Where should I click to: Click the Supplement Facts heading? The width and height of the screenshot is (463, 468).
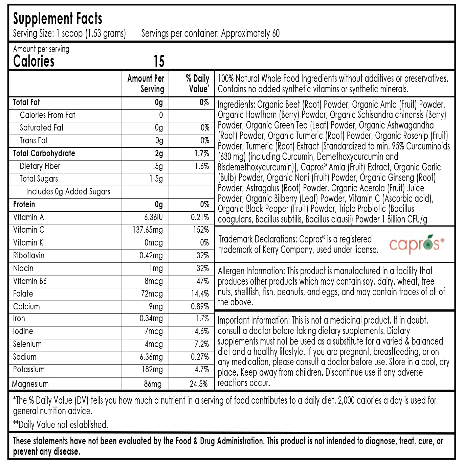point(58,19)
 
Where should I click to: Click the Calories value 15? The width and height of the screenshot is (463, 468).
point(159,62)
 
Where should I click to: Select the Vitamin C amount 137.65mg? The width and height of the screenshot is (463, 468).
point(148,230)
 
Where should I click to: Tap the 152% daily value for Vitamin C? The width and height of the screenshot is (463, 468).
point(201,230)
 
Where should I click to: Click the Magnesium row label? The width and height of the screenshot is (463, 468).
point(30,384)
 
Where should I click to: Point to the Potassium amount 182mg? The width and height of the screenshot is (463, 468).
point(152,370)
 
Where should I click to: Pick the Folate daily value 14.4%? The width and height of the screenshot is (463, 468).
point(200,294)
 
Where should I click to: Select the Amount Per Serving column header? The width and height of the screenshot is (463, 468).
point(146,84)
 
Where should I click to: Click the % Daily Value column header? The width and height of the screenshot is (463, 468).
point(198,84)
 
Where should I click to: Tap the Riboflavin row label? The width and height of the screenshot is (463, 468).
point(29,255)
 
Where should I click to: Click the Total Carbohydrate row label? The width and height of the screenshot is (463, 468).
point(44,154)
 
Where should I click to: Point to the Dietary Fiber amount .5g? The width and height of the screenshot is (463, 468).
point(157,166)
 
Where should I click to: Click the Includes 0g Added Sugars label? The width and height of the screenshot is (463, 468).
point(68,192)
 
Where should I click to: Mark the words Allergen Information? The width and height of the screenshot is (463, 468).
point(251,271)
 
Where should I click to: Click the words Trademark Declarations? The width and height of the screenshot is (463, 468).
point(257,239)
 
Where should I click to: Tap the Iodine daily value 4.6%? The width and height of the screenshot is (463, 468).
point(202,331)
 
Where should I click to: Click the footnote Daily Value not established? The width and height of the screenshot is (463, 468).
point(61,425)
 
